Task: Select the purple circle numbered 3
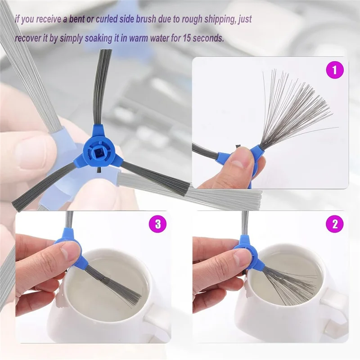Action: click(157, 224)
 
